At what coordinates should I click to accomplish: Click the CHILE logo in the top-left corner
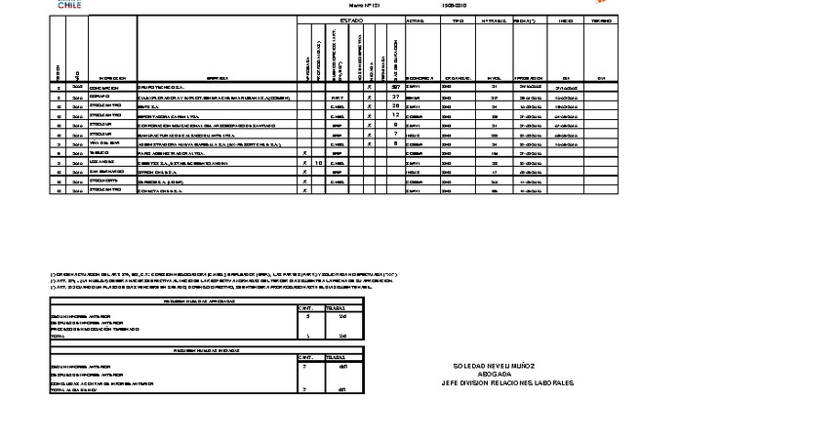click(x=69, y=5)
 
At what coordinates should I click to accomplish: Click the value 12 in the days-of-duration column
click(x=396, y=115)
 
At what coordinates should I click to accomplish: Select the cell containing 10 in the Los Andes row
click(x=319, y=162)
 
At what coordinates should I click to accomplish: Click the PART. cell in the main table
click(x=337, y=97)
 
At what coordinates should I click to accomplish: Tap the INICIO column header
click(x=566, y=20)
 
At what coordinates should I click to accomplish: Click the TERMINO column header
click(x=602, y=20)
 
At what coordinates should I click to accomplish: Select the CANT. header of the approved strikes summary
click(x=306, y=307)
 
